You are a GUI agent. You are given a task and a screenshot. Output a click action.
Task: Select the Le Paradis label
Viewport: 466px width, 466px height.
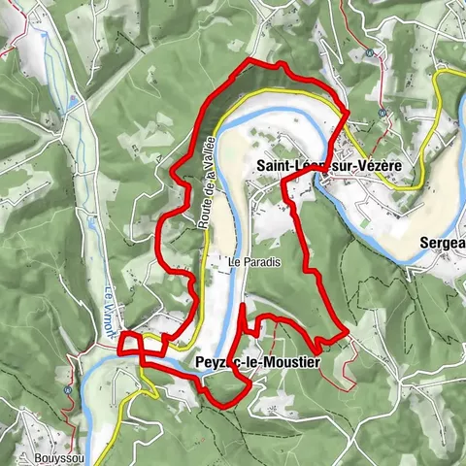[247, 262]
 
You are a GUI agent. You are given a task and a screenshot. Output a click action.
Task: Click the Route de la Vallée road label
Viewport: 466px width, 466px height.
[207, 194]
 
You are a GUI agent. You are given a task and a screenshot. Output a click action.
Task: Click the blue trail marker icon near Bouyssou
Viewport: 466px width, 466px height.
[67, 390]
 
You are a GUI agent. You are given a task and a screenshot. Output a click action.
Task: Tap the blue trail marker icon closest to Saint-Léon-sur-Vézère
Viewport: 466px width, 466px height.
[383, 114]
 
